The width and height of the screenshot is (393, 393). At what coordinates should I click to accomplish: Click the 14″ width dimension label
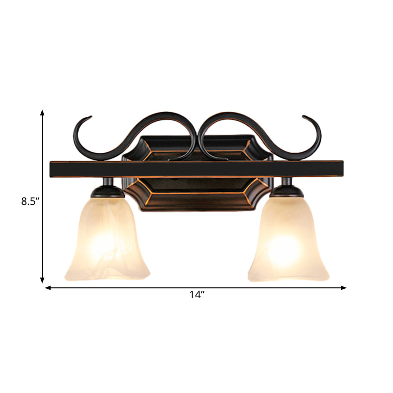point(196,295)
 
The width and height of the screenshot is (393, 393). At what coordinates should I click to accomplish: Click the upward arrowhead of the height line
point(43,113)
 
